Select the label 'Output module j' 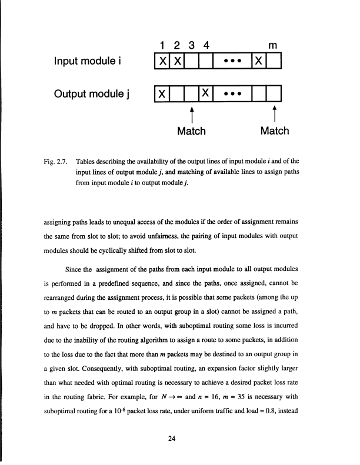coord(91,92)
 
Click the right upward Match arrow coord(275,113)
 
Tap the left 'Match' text coord(191,131)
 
